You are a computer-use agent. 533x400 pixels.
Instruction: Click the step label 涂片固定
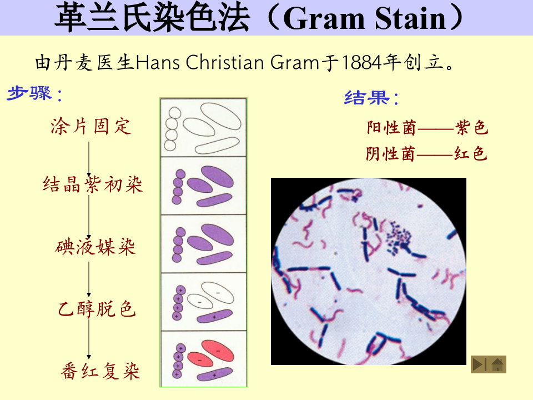pos(91,126)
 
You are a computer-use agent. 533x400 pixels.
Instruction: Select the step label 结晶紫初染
pos(93,184)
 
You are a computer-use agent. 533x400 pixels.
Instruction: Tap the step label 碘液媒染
pos(96,247)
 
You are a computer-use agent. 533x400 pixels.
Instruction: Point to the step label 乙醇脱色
pos(97,308)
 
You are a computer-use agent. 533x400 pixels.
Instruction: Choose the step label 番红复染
pos(100,371)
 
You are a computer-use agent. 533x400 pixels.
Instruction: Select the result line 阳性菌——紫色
pos(427,128)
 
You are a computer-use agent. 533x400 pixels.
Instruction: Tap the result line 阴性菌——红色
pos(426,153)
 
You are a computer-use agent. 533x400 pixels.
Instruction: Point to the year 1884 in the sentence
pos(361,63)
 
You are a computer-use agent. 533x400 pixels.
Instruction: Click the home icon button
pos(497,364)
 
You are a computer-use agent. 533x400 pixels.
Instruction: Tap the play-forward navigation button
pos(479,364)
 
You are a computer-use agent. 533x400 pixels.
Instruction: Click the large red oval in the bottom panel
pos(218,351)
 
